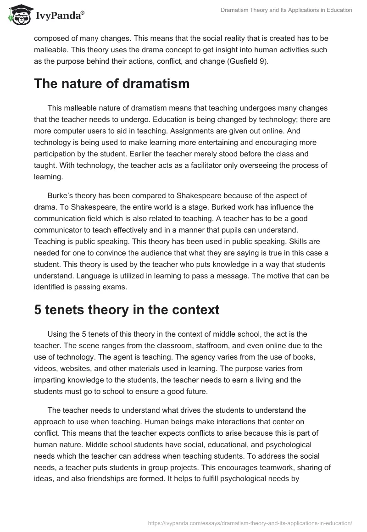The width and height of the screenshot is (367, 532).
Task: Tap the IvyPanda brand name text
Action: tap(59, 16)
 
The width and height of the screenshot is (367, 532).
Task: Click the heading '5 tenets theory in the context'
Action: tap(127, 310)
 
